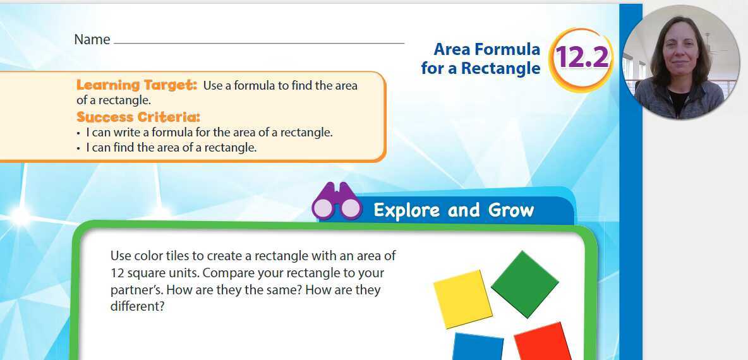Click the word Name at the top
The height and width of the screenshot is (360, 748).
[x=92, y=39]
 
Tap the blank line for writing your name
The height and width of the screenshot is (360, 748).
[x=259, y=42]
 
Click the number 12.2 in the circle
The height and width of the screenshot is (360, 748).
[x=581, y=58]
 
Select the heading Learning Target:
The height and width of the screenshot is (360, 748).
[x=137, y=85]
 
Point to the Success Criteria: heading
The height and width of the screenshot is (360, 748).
[x=138, y=117]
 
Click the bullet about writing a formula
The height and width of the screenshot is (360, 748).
[x=208, y=133]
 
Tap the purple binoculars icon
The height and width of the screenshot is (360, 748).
[x=337, y=201]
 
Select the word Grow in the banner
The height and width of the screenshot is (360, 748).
[x=511, y=210]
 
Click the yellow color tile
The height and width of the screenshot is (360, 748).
[x=462, y=299]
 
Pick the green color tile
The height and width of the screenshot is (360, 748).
[x=524, y=284]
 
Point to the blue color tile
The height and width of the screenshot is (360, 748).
[x=478, y=347]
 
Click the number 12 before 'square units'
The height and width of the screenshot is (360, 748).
[x=118, y=273]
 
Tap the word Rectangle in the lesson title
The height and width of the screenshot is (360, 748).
[x=500, y=68]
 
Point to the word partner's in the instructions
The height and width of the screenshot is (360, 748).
[x=133, y=291]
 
